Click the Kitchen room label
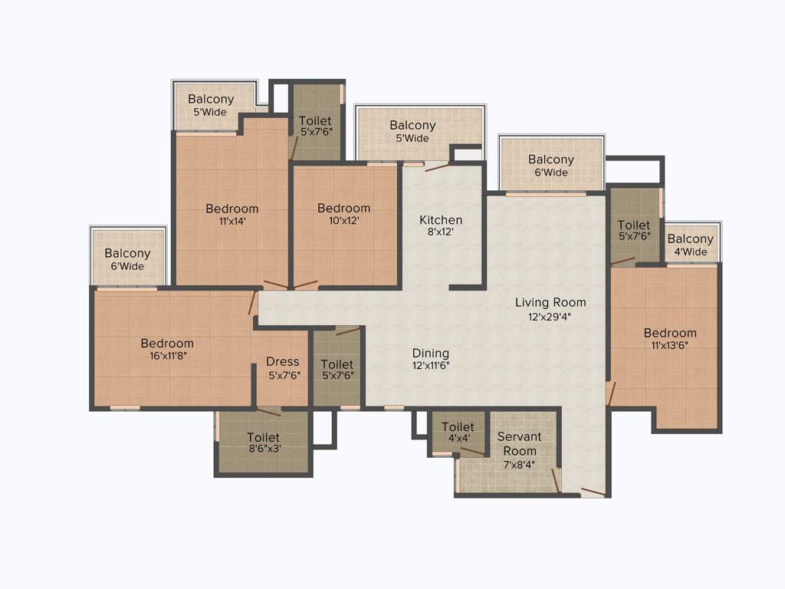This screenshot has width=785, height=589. pyautogui.click(x=441, y=220)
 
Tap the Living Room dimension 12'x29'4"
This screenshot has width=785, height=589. pyautogui.click(x=550, y=315)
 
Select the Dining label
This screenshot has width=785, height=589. pyautogui.click(x=430, y=353)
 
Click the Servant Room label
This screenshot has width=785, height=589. pyautogui.click(x=519, y=443)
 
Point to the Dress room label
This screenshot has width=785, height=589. pyautogui.click(x=283, y=362)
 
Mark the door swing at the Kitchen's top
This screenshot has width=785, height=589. pyautogui.click(x=437, y=166)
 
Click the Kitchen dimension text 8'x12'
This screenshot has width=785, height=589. pyautogui.click(x=441, y=232)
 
